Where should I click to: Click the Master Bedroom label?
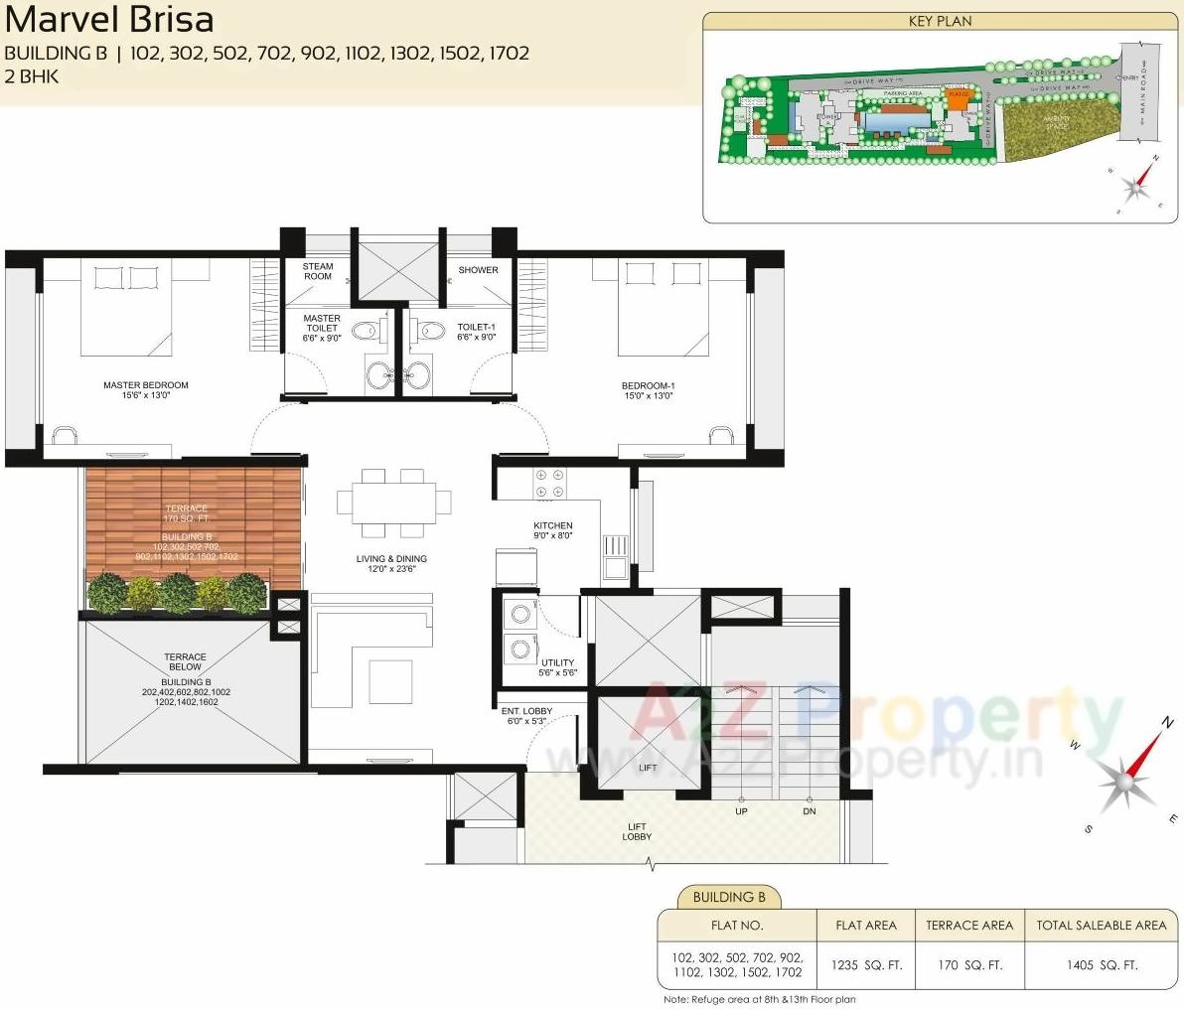coord(145,390)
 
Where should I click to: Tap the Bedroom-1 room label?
coord(648,390)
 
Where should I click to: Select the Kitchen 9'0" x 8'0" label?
coord(553,530)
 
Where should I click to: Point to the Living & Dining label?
coord(391,564)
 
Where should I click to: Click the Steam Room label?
coord(318,271)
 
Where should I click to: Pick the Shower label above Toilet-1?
coord(478,270)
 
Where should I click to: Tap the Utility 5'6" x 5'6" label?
coord(557,667)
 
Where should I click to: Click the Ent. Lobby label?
coord(526,716)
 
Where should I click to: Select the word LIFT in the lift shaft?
coord(648,768)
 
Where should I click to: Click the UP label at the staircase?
coord(741,811)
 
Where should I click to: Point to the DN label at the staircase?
coord(809,811)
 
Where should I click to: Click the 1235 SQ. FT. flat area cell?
coord(866,965)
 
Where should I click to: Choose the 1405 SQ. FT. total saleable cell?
coord(1102,965)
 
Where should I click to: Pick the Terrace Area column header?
coord(969,926)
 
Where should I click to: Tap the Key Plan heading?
coord(940,21)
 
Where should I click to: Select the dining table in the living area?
coord(393,502)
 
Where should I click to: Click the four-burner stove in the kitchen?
coord(549,484)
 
